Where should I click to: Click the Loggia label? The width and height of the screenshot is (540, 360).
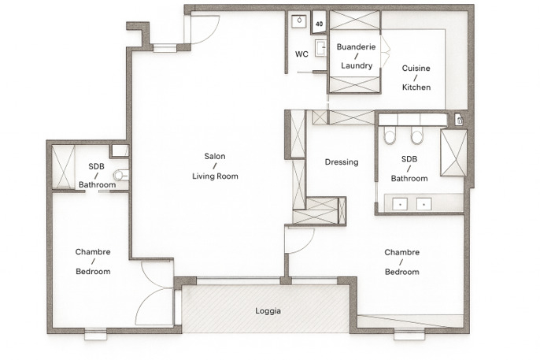pos(268,311)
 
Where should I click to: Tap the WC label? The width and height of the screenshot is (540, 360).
pos(301,54)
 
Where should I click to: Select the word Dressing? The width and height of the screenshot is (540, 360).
pos(342,162)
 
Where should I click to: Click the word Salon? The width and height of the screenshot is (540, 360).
pos(215,156)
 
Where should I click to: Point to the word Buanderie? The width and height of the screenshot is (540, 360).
pos(356,46)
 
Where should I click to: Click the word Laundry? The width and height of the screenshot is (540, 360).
pos(357,65)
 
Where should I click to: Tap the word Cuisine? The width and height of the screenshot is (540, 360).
pos(416,69)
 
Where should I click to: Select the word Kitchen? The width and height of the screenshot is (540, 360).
pos(416,87)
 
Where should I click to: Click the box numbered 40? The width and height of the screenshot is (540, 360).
pos(320,23)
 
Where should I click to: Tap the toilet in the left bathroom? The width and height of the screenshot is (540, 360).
pos(121,175)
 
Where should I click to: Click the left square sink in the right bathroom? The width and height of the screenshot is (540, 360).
pos(400,204)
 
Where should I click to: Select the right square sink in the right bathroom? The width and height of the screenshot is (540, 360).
pos(424,204)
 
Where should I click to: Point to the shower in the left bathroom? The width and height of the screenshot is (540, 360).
pos(63,167)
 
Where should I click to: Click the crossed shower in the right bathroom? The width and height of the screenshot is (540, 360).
pos(454,153)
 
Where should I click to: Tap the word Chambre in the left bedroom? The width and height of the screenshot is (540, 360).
pos(93,252)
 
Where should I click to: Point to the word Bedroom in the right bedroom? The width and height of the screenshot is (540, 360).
pos(402,272)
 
